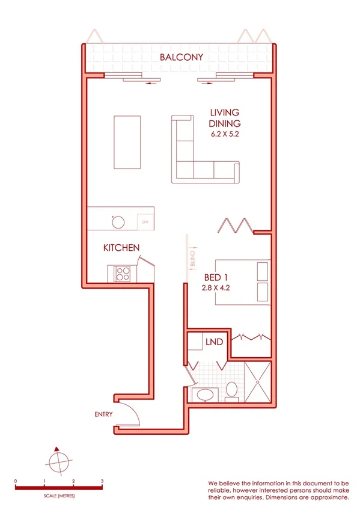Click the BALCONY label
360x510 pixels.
181,58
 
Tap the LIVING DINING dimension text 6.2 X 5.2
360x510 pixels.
225,135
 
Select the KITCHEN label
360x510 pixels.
121,248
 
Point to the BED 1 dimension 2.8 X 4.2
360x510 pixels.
216,288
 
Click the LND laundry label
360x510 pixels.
215,342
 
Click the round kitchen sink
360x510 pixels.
118,221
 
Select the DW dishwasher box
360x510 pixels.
145,222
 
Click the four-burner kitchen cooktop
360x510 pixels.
123,274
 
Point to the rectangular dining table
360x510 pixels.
127,143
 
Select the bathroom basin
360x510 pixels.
206,395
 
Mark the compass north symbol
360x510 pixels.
56,462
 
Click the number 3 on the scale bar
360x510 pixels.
102,482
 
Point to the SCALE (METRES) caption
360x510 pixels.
58,496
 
